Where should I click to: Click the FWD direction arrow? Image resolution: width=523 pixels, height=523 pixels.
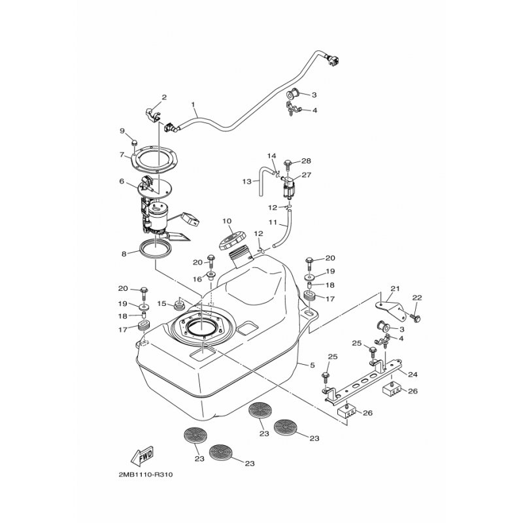coord(143,455)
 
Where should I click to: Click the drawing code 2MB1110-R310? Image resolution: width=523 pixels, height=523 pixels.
coord(146,475)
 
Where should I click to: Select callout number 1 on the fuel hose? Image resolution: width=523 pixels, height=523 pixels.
coord(193,105)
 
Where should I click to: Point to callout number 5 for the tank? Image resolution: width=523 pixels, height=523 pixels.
coord(312,365)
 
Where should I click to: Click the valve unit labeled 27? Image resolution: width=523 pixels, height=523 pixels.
coord(288,186)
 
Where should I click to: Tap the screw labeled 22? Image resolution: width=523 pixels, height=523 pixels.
coord(416,317)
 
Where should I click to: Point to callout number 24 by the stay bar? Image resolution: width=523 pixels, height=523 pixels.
coord(413,375)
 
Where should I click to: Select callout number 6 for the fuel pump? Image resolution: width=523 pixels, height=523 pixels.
coord(122,181)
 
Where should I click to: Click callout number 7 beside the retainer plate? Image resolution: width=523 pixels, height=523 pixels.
coord(122,155)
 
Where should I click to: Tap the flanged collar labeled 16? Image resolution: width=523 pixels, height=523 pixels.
coord(211,275)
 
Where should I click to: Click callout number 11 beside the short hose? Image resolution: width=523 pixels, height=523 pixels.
coord(273,222)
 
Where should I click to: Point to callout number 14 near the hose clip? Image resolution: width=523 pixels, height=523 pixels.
coord(271,156)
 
